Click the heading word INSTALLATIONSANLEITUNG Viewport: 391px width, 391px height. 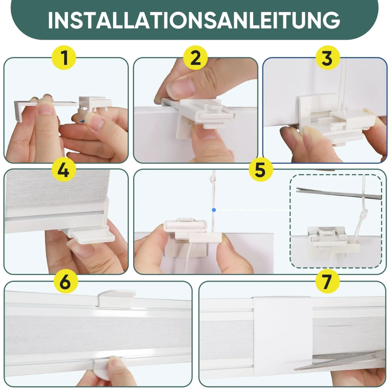click(x=194, y=20)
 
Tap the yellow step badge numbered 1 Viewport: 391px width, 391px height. click(x=64, y=58)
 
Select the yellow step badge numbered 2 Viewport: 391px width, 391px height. click(x=195, y=58)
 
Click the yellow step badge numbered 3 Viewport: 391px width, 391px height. click(x=328, y=58)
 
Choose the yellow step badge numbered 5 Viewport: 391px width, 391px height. click(x=261, y=169)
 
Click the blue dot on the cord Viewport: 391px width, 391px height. click(x=214, y=210)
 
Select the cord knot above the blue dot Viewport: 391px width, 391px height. click(x=214, y=178)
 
